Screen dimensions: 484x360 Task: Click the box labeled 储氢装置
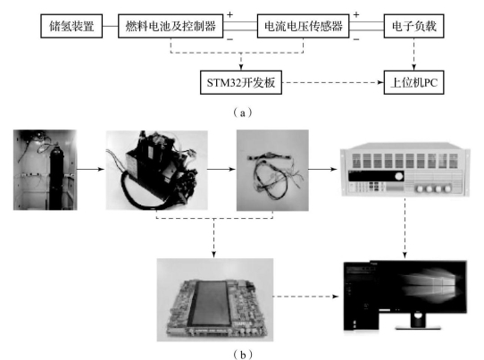coord(71,26)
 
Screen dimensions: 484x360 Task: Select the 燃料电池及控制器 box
coord(171,26)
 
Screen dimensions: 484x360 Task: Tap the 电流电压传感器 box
coord(303,26)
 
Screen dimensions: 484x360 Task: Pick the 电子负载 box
coord(413,26)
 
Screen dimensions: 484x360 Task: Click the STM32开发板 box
coord(241,82)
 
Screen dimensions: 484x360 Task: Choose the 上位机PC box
coord(413,82)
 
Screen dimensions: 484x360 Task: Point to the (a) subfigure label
coord(243,113)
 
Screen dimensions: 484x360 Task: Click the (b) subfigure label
coord(243,355)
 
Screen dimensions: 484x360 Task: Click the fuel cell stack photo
coord(157,170)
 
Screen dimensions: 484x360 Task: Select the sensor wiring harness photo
coord(272,170)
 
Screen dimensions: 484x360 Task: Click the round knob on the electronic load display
coord(399,176)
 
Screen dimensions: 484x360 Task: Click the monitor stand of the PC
coord(418,321)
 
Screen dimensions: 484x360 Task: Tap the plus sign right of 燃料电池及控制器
coord(229,14)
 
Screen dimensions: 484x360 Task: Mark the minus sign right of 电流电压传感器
coord(356,39)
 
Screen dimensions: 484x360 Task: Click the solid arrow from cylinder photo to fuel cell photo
coord(90,169)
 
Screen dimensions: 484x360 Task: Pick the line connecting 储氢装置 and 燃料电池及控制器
coord(110,26)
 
